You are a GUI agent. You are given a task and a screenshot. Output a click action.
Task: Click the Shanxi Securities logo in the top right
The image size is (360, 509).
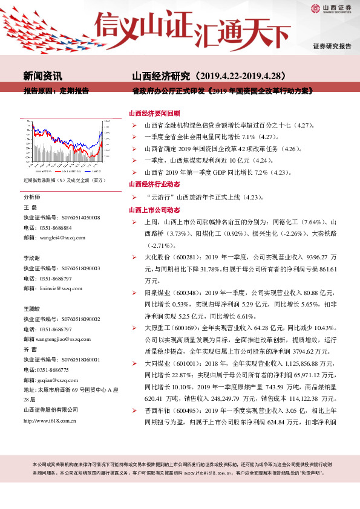click(x=331, y=8)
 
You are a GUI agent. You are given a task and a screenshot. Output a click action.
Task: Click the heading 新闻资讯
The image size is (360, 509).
click(x=42, y=76)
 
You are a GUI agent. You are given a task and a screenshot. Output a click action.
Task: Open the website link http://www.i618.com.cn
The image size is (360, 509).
click(x=50, y=421)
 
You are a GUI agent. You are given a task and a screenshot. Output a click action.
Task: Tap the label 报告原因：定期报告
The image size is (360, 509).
click(x=56, y=91)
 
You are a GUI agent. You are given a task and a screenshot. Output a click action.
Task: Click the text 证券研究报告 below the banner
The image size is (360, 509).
click(x=332, y=46)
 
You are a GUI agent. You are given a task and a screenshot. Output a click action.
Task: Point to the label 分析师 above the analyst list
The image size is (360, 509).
click(x=31, y=198)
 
